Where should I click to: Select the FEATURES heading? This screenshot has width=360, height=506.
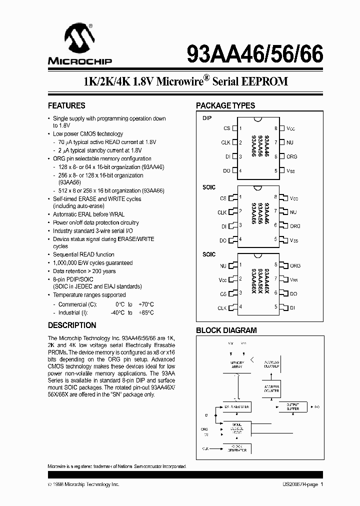coord(66,106)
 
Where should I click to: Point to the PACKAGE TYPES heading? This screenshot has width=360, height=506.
coord(225,106)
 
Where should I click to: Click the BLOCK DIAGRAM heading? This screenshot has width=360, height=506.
coord(226,330)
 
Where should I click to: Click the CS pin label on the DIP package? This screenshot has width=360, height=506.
coord(227,128)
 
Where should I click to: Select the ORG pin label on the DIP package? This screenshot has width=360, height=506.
coord(291,156)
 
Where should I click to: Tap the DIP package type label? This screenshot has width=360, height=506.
coord(207,118)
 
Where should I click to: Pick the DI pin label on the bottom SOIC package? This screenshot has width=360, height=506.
coord(293,308)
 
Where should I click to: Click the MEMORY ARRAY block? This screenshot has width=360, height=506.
coord(237,365)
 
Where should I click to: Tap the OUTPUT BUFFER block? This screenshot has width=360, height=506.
coord(293,406)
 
